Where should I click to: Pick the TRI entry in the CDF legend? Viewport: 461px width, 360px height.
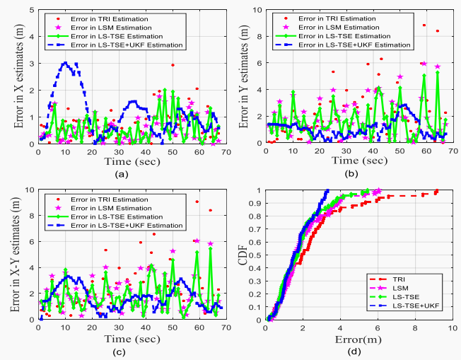pos(407,280)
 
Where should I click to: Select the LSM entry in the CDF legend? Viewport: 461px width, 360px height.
pos(408,289)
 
